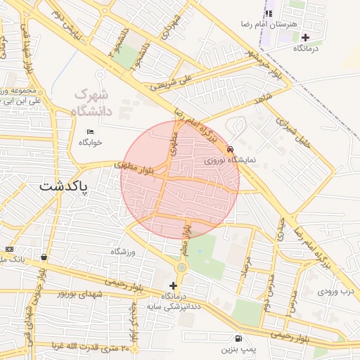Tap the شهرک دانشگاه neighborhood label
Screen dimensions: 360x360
91,101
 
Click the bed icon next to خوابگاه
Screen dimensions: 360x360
89,131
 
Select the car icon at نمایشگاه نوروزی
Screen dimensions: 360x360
231,149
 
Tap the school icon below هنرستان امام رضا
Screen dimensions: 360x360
269,13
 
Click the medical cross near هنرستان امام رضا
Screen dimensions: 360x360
304,37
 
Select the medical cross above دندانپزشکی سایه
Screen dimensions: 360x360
174,285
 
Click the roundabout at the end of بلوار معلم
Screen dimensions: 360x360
182,267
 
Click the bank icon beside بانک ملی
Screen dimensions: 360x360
9,249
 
